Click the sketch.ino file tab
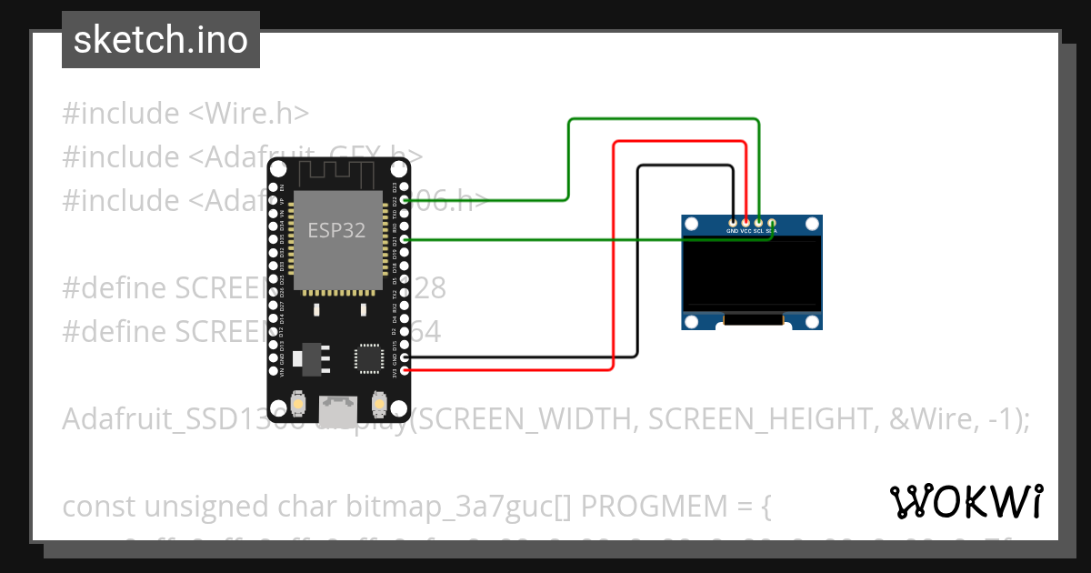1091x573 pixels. pyautogui.click(x=160, y=40)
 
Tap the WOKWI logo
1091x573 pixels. pyautogui.click(x=966, y=501)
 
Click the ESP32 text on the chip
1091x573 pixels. pyautogui.click(x=336, y=230)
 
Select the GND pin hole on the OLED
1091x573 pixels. pyautogui.click(x=733, y=222)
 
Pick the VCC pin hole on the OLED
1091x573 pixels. pyautogui.click(x=746, y=222)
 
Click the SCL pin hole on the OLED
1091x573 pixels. pyautogui.click(x=758, y=222)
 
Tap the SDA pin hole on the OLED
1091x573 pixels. pyautogui.click(x=771, y=222)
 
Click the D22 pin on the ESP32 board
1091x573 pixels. pyautogui.click(x=404, y=200)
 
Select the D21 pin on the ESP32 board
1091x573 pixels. pyautogui.click(x=404, y=239)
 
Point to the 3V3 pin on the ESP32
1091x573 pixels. pyautogui.click(x=404, y=370)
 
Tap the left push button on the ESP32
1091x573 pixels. pyautogui.click(x=297, y=402)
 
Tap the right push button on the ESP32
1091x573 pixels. pyautogui.click(x=379, y=402)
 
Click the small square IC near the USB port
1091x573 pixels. pyautogui.click(x=369, y=357)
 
